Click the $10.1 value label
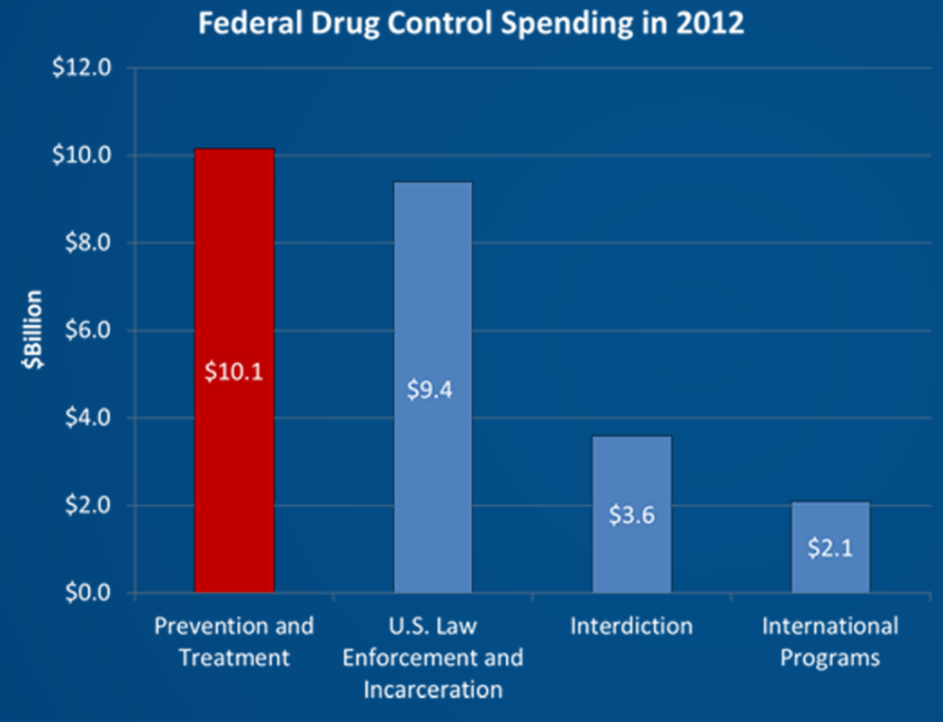click(x=233, y=372)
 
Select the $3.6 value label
click(x=631, y=515)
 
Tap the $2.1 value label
click(x=830, y=548)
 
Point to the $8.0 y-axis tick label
click(x=87, y=243)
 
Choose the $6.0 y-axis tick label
click(x=87, y=331)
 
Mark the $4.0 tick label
click(x=87, y=418)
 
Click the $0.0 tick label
click(x=87, y=593)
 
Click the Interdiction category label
click(x=631, y=627)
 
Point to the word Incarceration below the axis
click(x=432, y=688)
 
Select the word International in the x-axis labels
click(x=829, y=627)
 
